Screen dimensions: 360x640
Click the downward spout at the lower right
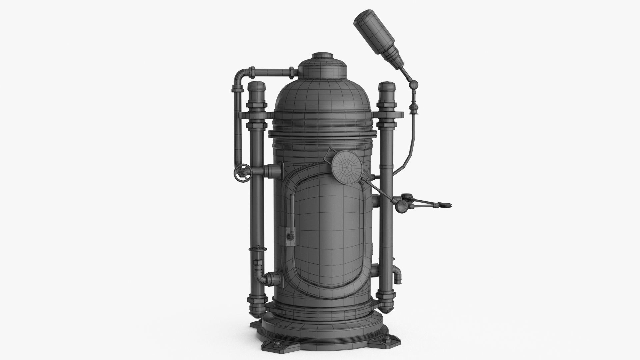coord(398,277)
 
